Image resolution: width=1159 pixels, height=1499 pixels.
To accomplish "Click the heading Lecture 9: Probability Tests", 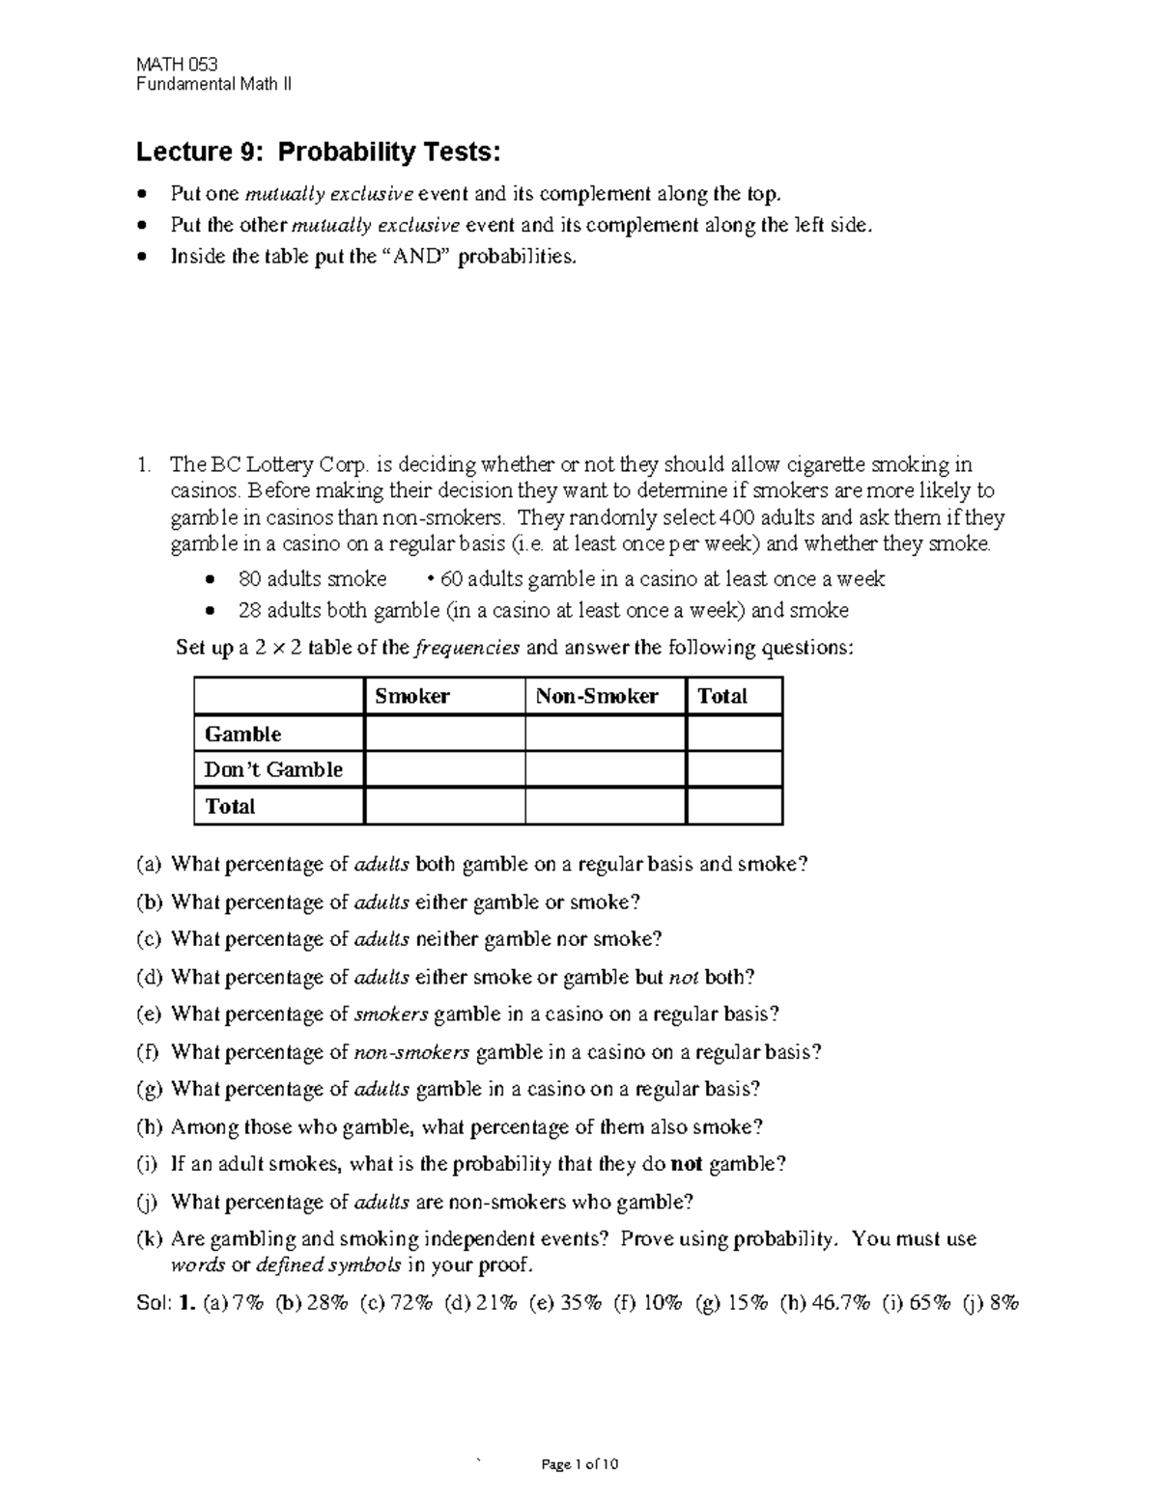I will [319, 153].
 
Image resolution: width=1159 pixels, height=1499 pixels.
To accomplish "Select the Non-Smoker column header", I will [597, 696].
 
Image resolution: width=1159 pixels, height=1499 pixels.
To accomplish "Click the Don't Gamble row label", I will [274, 769].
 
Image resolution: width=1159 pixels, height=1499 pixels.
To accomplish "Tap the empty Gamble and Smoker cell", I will [444, 734].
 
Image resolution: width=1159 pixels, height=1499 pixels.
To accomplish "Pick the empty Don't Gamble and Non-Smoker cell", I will [605, 769].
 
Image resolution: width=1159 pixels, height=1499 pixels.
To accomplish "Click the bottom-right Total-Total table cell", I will [733, 806].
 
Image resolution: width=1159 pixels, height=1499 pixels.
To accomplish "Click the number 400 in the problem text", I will [739, 517].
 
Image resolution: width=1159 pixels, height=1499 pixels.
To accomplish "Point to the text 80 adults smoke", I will [312, 579].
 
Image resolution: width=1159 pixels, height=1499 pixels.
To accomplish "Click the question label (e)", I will [150, 1014].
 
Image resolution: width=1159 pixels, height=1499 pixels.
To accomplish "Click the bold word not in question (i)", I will [687, 1164].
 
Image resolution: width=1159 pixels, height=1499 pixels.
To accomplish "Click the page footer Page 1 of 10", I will [579, 1464].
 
